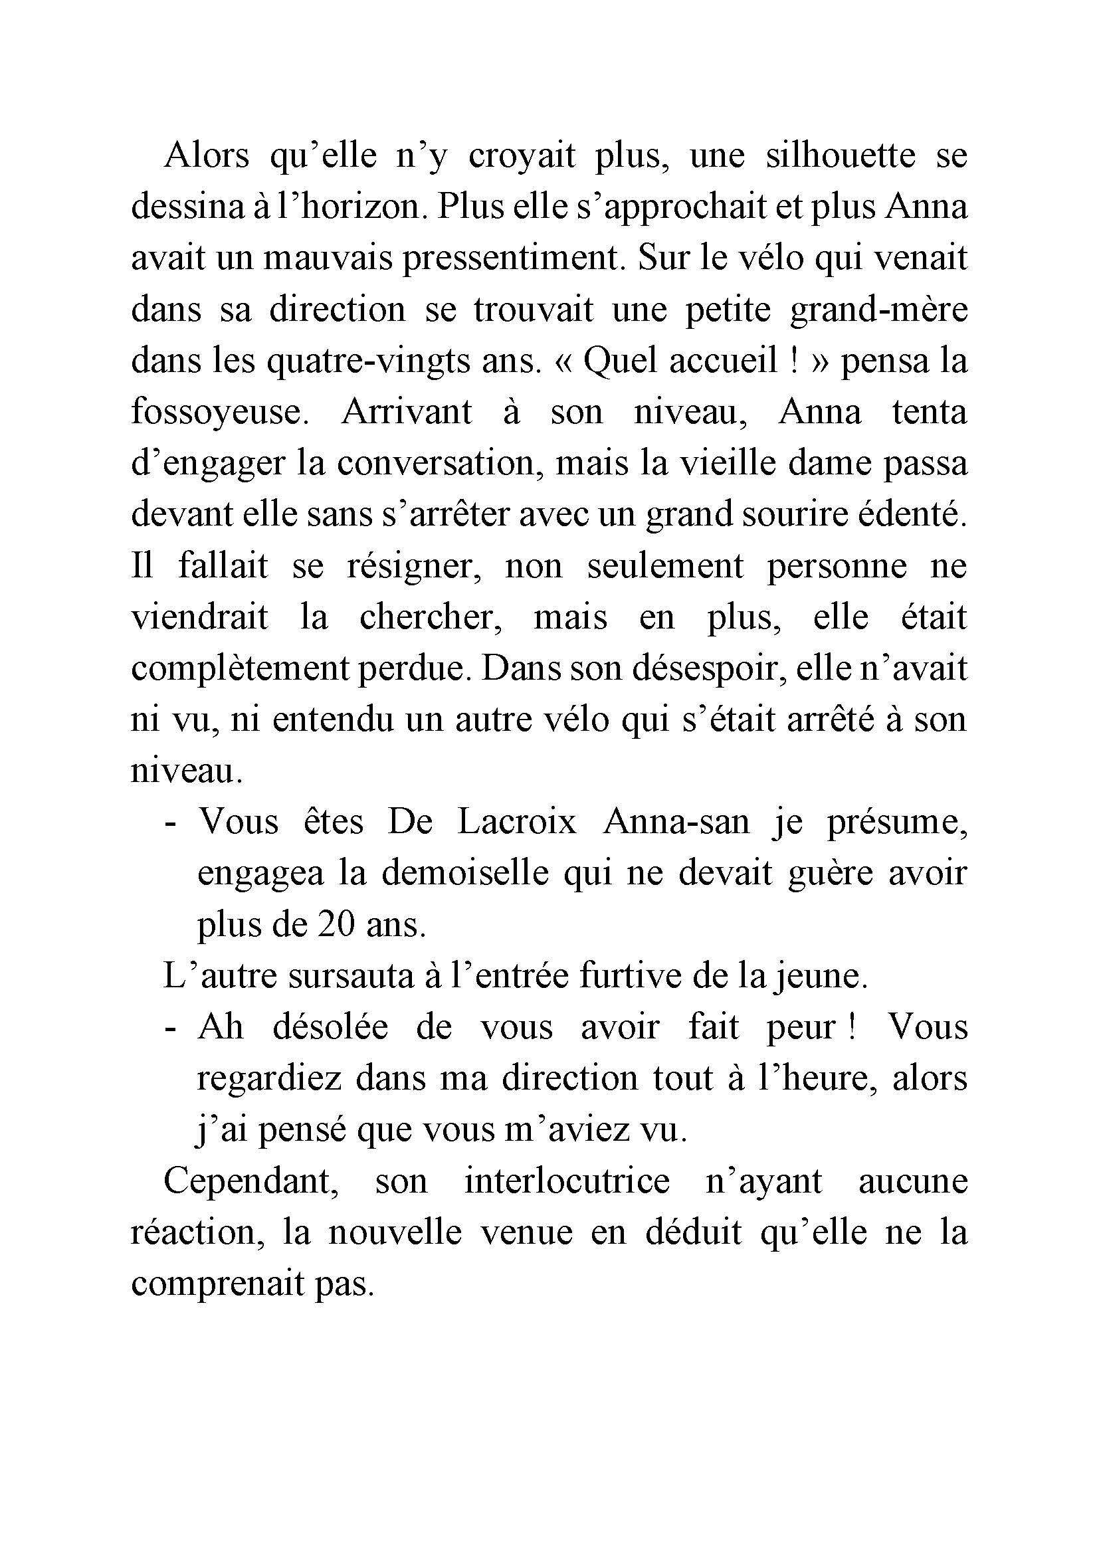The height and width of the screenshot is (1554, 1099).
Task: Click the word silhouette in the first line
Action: tap(841, 155)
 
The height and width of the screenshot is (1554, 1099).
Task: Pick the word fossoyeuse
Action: tap(219, 412)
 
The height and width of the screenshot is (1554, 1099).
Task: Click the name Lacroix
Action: tap(517, 823)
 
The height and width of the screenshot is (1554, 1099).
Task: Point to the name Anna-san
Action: tap(676, 823)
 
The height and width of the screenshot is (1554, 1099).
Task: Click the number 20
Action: tap(338, 925)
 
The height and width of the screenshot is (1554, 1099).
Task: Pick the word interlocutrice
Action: tap(567, 1181)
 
